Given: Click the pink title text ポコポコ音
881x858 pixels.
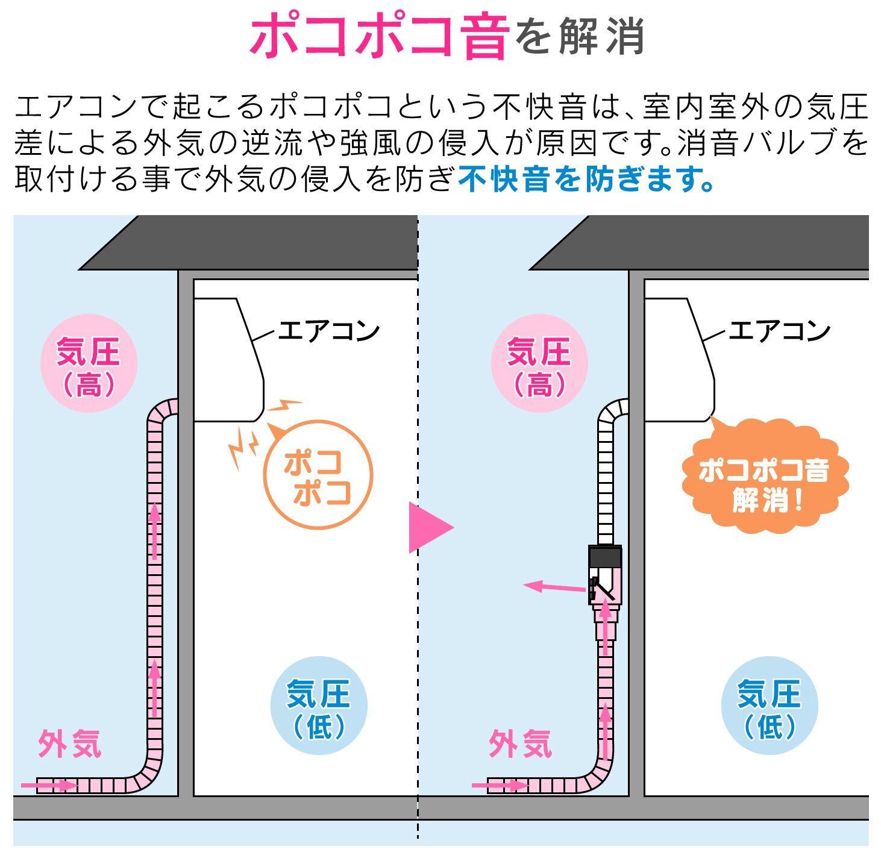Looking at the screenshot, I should point(378,37).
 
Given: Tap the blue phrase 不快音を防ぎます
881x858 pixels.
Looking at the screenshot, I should point(586,178).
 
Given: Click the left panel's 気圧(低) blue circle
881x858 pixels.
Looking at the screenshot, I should point(319,706).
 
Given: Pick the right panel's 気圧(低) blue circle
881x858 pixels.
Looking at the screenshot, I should point(770,706).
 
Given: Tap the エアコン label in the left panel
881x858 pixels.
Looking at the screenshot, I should point(329,331).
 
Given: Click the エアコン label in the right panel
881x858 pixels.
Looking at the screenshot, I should point(780,331).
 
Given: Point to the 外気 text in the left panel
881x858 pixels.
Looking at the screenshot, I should point(69,744).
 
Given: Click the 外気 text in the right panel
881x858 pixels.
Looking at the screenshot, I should point(520,744).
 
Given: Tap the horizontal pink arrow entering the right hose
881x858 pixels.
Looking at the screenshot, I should point(500,785).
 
